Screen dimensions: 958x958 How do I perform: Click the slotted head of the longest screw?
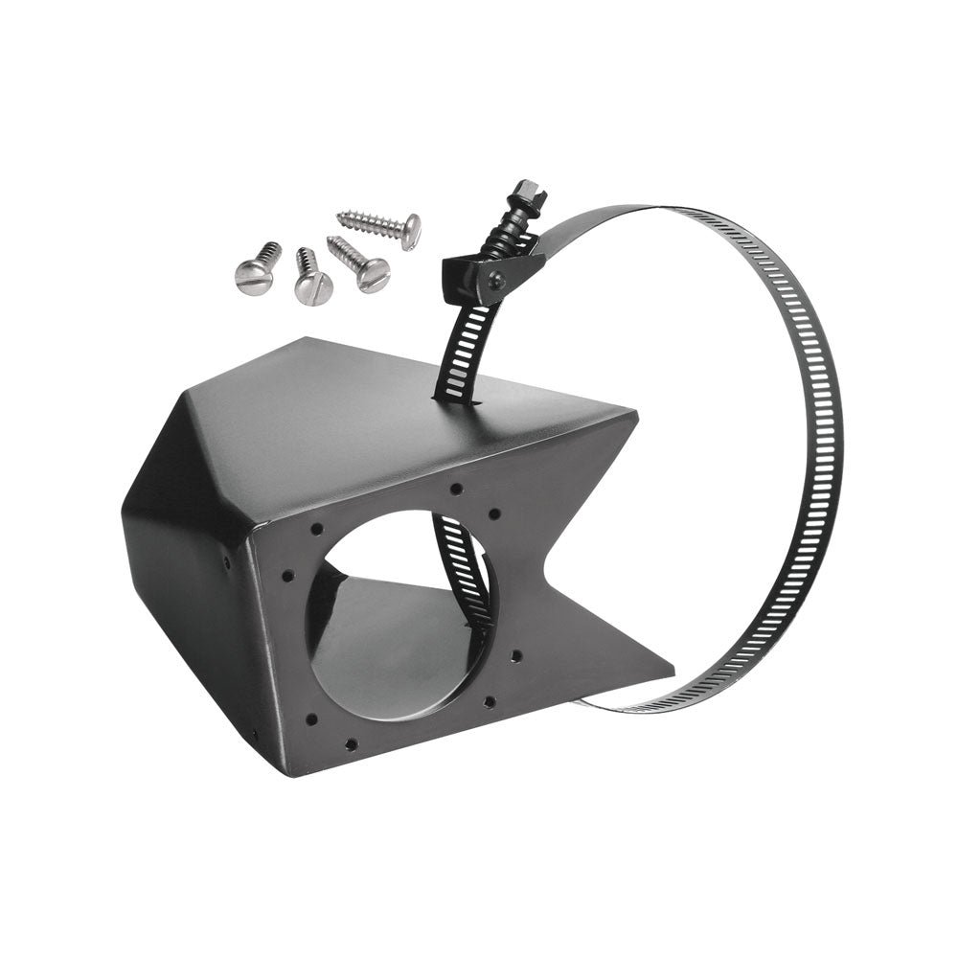click(410, 231)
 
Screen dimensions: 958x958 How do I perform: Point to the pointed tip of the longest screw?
click(339, 215)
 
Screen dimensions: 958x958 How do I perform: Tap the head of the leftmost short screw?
click(253, 277)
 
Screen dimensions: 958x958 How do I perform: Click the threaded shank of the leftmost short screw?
click(270, 253)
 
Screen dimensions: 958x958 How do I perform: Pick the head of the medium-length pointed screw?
click(373, 275)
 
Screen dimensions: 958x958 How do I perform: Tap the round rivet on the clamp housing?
click(496, 280)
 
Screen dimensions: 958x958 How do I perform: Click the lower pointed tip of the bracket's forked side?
click(673, 666)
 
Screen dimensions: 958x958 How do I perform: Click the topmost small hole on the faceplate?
click(458, 489)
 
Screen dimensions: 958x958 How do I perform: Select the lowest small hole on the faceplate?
click(352, 743)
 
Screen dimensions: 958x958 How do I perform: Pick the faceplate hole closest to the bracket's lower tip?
click(514, 656)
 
